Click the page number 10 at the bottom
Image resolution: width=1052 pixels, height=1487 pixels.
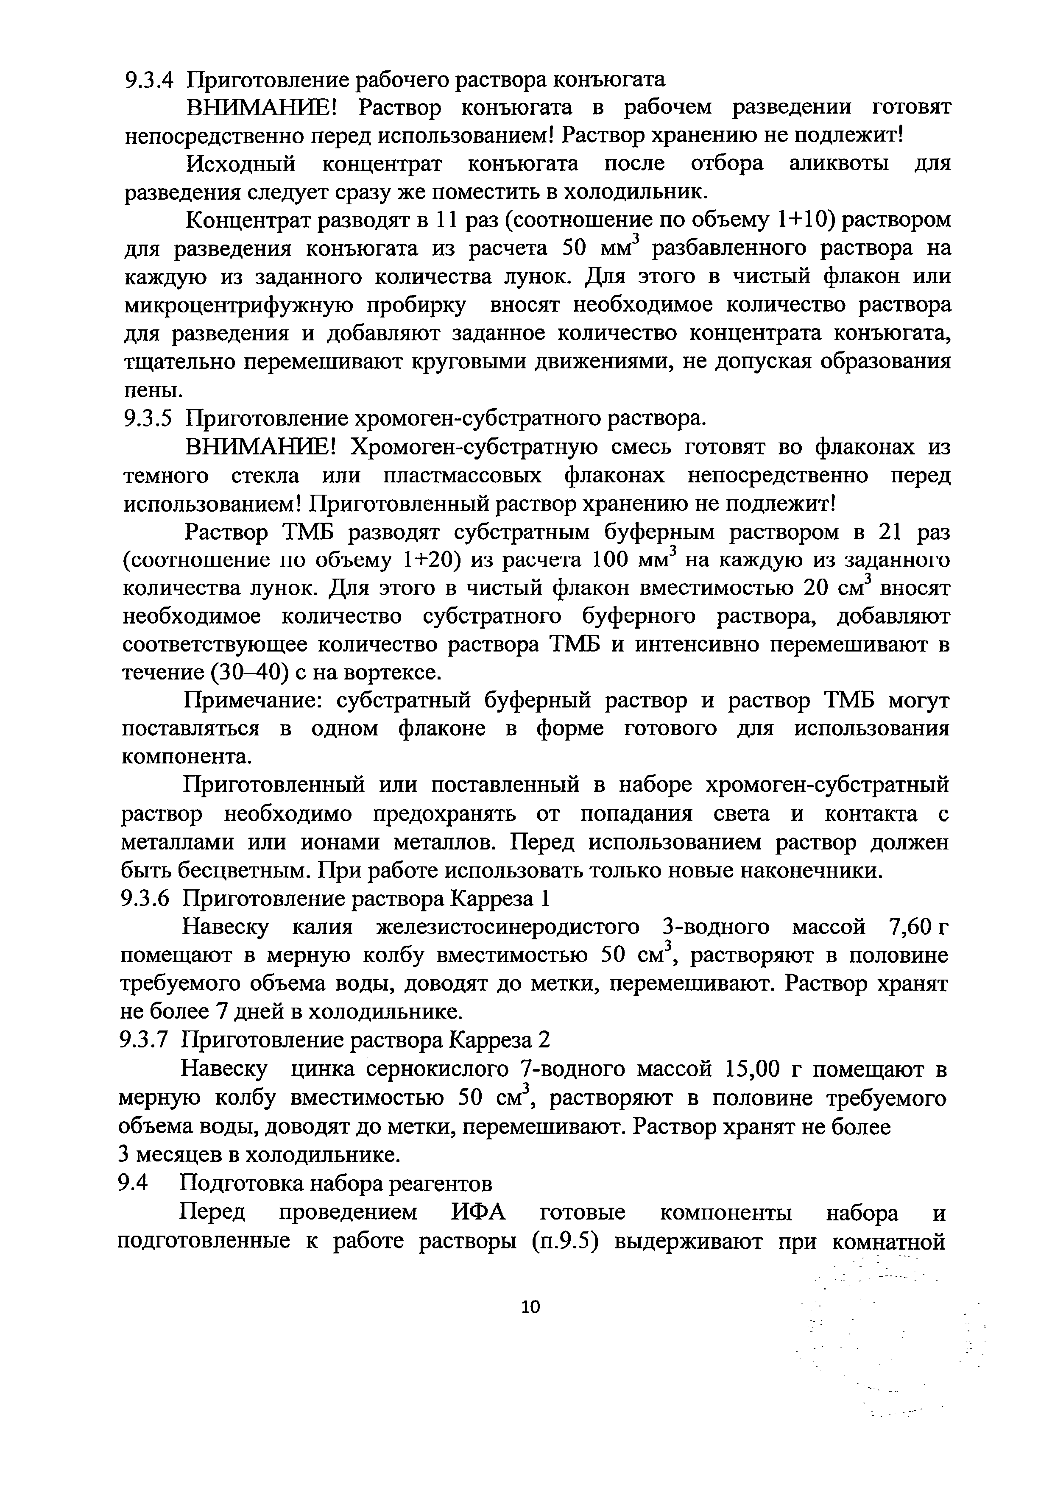point(530,1307)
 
